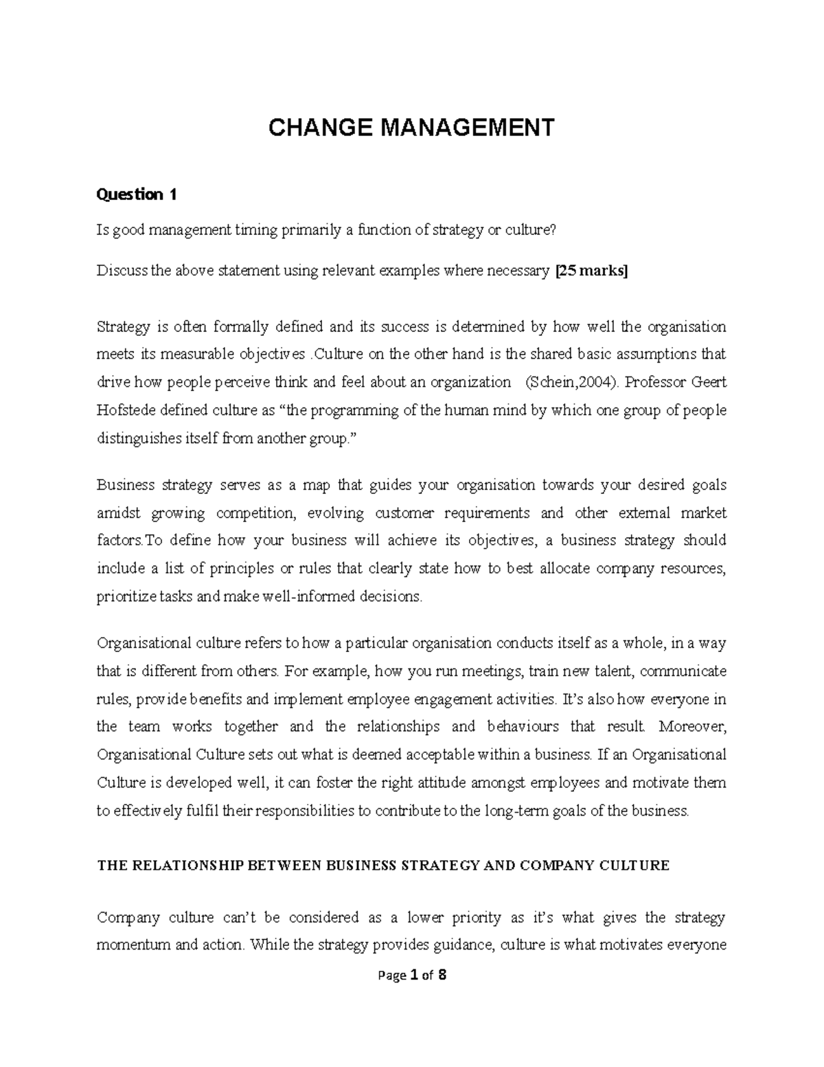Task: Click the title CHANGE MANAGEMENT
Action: (x=411, y=128)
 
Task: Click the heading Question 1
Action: (x=137, y=195)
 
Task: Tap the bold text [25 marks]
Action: (x=591, y=271)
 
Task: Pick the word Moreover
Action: (x=696, y=727)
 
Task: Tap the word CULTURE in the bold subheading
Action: (x=634, y=866)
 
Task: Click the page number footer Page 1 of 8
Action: (x=411, y=975)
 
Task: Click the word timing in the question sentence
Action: (x=255, y=230)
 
